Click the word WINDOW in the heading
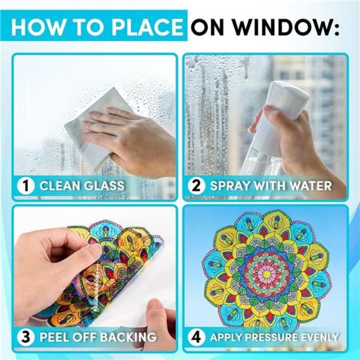coord(297,28)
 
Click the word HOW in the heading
coord(37,28)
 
